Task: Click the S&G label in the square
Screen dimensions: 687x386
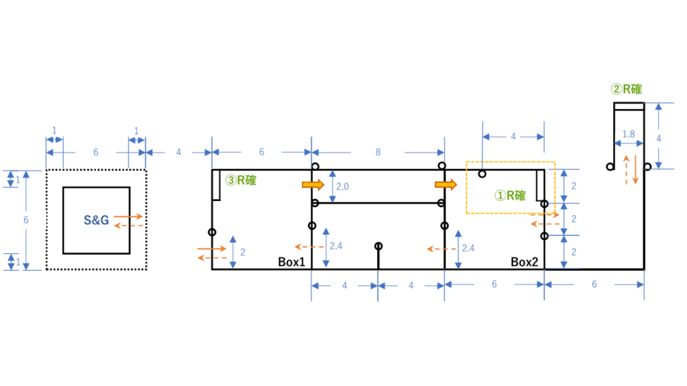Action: pos(96,220)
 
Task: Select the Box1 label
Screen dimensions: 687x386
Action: pos(291,262)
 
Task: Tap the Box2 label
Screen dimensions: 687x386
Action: pos(525,262)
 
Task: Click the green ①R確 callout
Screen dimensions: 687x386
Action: pos(510,195)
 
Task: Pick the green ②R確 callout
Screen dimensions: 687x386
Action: pos(626,89)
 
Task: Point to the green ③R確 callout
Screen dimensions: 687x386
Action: pos(241,180)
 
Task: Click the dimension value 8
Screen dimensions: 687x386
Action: pos(378,152)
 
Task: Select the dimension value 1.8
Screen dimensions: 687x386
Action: pos(628,134)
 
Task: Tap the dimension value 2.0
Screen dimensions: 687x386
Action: pos(342,186)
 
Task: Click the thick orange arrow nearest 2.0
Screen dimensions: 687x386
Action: pos(313,185)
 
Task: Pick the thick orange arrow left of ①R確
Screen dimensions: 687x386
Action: pos(445,185)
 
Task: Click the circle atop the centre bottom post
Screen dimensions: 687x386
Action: pos(378,246)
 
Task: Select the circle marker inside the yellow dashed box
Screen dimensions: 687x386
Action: pos(482,174)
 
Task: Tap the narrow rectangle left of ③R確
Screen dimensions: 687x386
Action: pos(215,185)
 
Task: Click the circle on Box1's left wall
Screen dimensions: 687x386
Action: pos(211,232)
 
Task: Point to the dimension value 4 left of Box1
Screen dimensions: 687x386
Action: pos(178,152)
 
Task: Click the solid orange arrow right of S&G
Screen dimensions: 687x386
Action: pos(128,216)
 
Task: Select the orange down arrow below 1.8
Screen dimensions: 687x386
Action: pos(635,170)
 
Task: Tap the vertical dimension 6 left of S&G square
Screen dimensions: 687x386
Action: pos(26,220)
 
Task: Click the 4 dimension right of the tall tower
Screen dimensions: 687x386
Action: pos(659,138)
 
